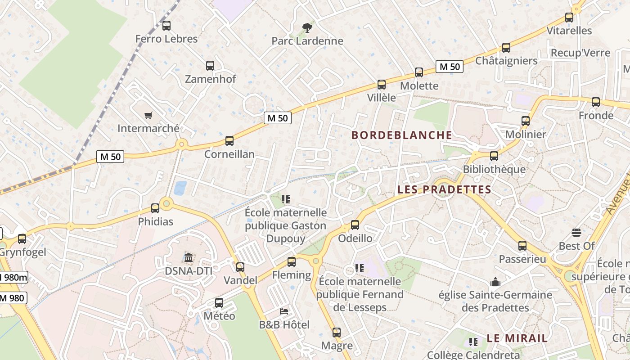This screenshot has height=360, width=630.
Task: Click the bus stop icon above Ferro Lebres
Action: tap(166, 26)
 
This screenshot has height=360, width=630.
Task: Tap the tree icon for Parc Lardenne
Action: tap(307, 28)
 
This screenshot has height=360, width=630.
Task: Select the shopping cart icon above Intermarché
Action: tap(148, 115)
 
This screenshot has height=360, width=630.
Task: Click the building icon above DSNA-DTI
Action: tap(189, 258)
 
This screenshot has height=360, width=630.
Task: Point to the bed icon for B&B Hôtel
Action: tap(284, 311)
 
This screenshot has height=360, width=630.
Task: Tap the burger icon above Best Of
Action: tap(576, 233)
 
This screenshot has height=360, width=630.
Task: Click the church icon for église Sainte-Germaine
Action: tap(495, 282)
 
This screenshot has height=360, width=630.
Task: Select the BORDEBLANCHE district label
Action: tap(401, 135)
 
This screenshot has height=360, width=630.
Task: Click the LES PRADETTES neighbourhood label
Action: tap(444, 189)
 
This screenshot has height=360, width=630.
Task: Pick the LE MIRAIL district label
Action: tap(517, 338)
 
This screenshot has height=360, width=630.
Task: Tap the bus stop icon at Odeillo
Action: tap(355, 225)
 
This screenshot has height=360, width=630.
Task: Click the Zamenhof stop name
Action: tap(211, 79)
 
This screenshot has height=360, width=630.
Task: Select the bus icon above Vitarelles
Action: tap(569, 18)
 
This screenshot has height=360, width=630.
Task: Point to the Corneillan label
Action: tap(229, 154)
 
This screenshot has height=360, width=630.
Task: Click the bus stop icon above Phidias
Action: tap(155, 208)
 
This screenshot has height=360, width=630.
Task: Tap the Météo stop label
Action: tap(220, 316)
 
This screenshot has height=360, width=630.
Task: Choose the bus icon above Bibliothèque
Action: tap(494, 156)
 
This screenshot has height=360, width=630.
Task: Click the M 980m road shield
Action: tap(13, 277)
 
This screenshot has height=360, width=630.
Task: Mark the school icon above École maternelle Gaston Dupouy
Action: tap(285, 199)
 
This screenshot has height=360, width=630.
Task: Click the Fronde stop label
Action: tap(596, 116)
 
